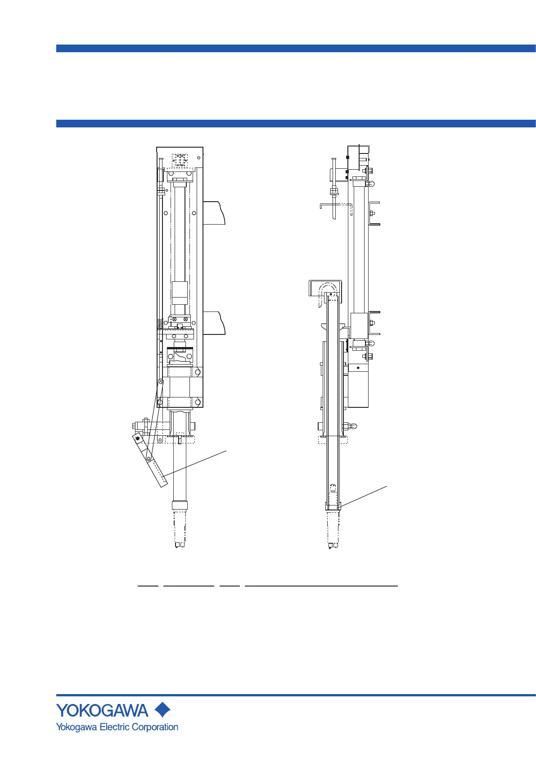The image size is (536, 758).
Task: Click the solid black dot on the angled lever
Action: click(137, 438)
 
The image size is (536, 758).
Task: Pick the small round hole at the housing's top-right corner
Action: click(198, 158)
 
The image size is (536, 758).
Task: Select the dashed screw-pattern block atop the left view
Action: click(180, 160)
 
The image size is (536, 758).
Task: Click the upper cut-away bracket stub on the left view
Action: click(214, 213)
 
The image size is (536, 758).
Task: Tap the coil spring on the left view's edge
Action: click(160, 324)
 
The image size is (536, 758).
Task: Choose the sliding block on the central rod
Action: click(180, 293)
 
